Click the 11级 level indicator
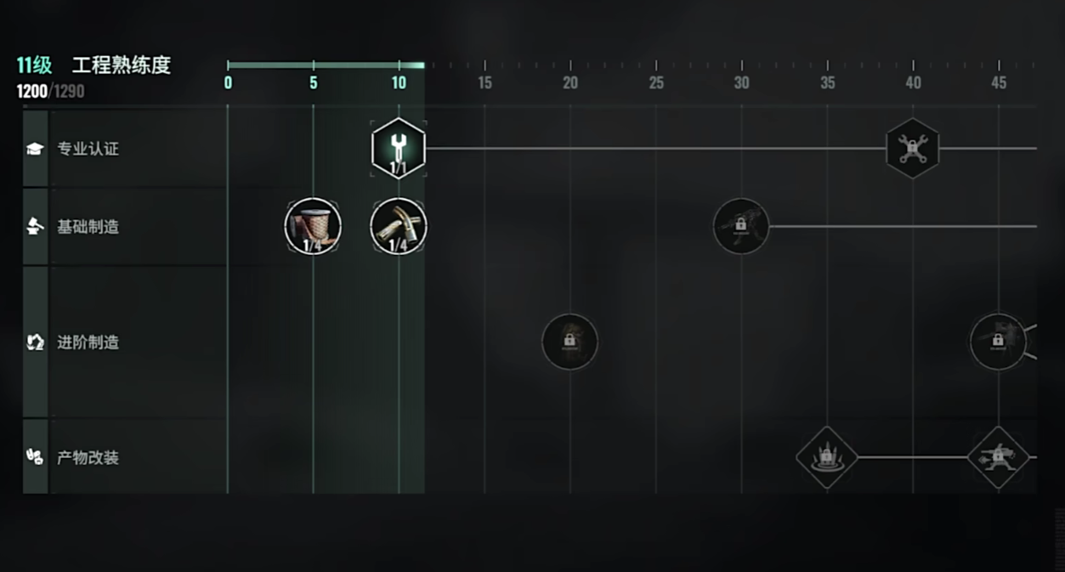tap(34, 65)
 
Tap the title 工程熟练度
tap(121, 65)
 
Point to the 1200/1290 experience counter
tap(50, 91)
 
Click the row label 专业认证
tap(88, 149)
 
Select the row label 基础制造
tap(88, 227)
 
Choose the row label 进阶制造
tap(88, 342)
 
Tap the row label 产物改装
tap(88, 457)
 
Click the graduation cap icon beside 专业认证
tap(35, 149)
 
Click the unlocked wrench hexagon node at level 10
tap(398, 148)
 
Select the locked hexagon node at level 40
tap(912, 149)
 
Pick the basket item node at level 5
tap(313, 226)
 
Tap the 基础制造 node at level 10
tap(399, 226)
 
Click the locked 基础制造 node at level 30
tap(741, 226)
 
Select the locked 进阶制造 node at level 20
tap(569, 342)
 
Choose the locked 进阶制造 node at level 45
tap(998, 342)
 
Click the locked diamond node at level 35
tap(826, 457)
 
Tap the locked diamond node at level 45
tap(998, 457)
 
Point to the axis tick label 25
tap(656, 83)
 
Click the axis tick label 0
tap(228, 83)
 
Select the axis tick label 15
tap(484, 83)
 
